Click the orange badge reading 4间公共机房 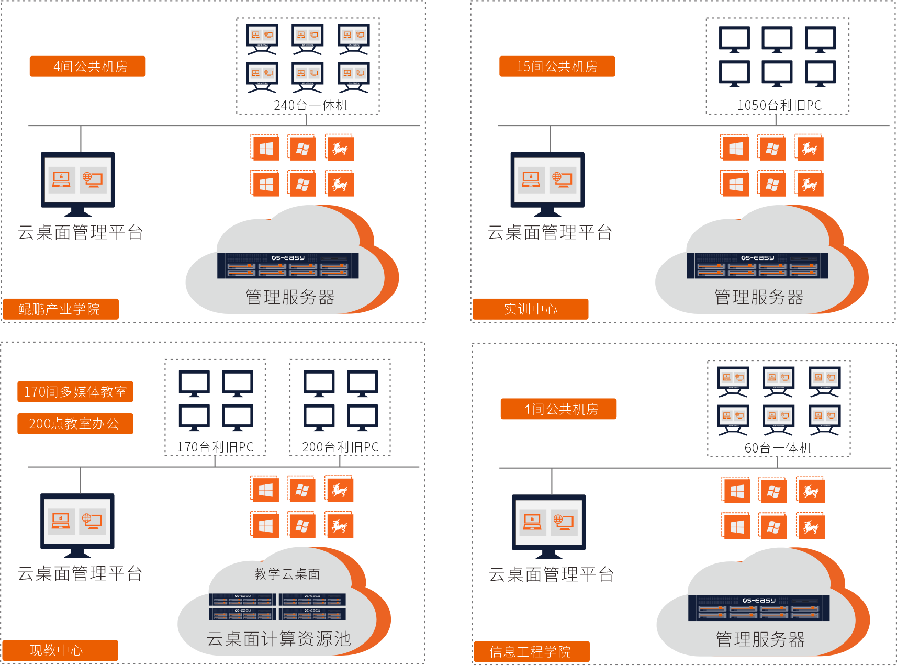pyautogui.click(x=87, y=66)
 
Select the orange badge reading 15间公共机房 pyautogui.click(x=557, y=66)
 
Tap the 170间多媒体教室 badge pyautogui.click(x=75, y=392)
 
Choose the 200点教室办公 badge pyautogui.click(x=75, y=424)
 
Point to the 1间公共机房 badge pyautogui.click(x=558, y=409)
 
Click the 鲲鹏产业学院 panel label pyautogui.click(x=61, y=309)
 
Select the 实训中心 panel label pyautogui.click(x=530, y=309)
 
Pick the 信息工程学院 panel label pyautogui.click(x=531, y=651)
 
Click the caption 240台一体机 pyautogui.click(x=310, y=106)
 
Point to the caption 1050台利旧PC pyautogui.click(x=779, y=106)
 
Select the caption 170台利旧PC pyautogui.click(x=215, y=447)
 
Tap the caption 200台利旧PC pyautogui.click(x=340, y=447)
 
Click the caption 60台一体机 pyautogui.click(x=778, y=448)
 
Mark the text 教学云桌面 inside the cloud pyautogui.click(x=287, y=574)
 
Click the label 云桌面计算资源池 pyautogui.click(x=278, y=639)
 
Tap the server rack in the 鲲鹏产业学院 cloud pyautogui.click(x=288, y=265)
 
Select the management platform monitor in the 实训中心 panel pyautogui.click(x=547, y=184)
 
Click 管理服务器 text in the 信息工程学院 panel pyautogui.click(x=760, y=639)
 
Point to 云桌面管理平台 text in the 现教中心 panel pyautogui.click(x=80, y=574)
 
